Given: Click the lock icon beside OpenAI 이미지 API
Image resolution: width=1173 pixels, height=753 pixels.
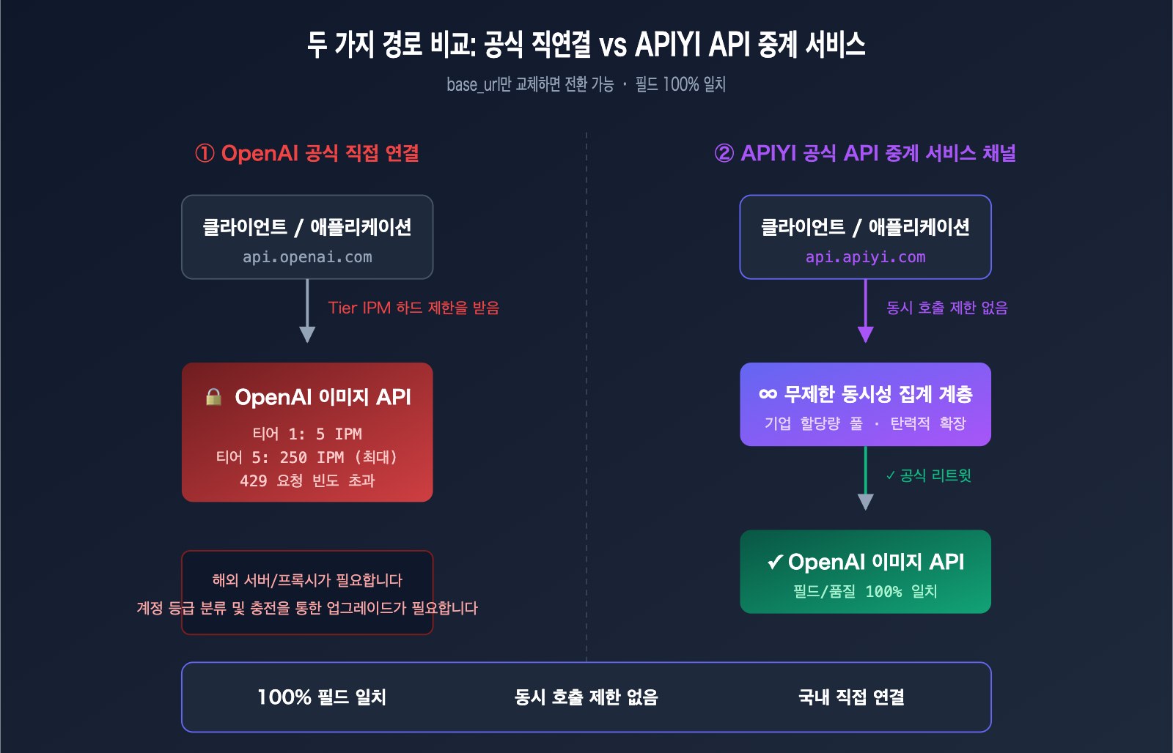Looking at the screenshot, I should coord(213,397).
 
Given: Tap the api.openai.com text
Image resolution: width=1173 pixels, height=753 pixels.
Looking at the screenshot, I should coord(307,257).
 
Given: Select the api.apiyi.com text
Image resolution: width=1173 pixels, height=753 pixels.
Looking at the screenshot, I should coord(865,257).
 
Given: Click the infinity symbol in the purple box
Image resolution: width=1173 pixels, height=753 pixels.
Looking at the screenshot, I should coord(768,394).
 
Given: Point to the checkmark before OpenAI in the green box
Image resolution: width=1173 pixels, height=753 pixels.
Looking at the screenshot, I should coord(775,563).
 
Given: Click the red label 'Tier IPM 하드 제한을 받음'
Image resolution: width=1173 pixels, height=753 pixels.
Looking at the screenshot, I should coord(413,308).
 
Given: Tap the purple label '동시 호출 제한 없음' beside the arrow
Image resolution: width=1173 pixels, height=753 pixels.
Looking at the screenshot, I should coord(946,308).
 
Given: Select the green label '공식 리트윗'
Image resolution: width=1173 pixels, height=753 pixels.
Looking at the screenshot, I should coord(929,475).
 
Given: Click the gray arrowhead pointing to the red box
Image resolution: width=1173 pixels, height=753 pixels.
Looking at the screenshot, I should coord(307,335).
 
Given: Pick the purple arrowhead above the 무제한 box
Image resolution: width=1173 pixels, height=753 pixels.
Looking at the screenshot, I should coord(865,335).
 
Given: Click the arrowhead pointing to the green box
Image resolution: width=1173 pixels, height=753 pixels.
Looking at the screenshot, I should coord(865,502).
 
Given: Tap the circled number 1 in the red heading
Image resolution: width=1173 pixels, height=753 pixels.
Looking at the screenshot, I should coord(205,154).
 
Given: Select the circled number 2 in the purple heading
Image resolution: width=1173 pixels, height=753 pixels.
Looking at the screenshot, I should coord(724,154).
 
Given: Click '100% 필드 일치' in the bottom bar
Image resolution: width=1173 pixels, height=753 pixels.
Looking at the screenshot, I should coord(322,697).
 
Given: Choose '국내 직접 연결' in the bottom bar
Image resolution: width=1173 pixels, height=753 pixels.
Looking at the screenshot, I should coord(851,697).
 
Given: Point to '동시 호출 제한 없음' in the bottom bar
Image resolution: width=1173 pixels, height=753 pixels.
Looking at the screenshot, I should coord(586,697).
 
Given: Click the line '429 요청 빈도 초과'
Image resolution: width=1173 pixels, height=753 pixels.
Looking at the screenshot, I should coord(307,481).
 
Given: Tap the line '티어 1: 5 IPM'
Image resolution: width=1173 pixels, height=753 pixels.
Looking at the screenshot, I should coord(307,434).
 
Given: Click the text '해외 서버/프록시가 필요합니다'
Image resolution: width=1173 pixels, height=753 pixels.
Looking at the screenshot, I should coord(307,580).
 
